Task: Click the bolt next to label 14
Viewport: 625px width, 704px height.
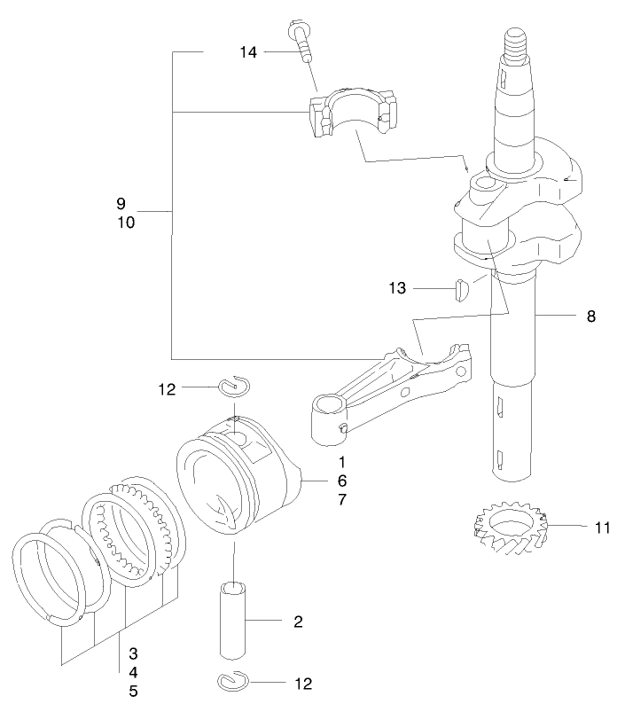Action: point(300,40)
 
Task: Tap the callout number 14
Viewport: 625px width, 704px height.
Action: point(248,53)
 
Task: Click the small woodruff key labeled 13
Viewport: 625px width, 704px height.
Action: point(460,290)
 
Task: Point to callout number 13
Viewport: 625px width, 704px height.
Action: point(398,288)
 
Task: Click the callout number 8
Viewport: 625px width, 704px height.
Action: point(590,315)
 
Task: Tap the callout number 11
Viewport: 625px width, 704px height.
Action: point(603,528)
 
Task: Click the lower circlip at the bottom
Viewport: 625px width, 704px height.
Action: point(232,681)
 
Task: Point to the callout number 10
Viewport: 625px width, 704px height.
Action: point(125,223)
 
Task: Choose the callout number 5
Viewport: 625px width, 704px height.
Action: point(133,690)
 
